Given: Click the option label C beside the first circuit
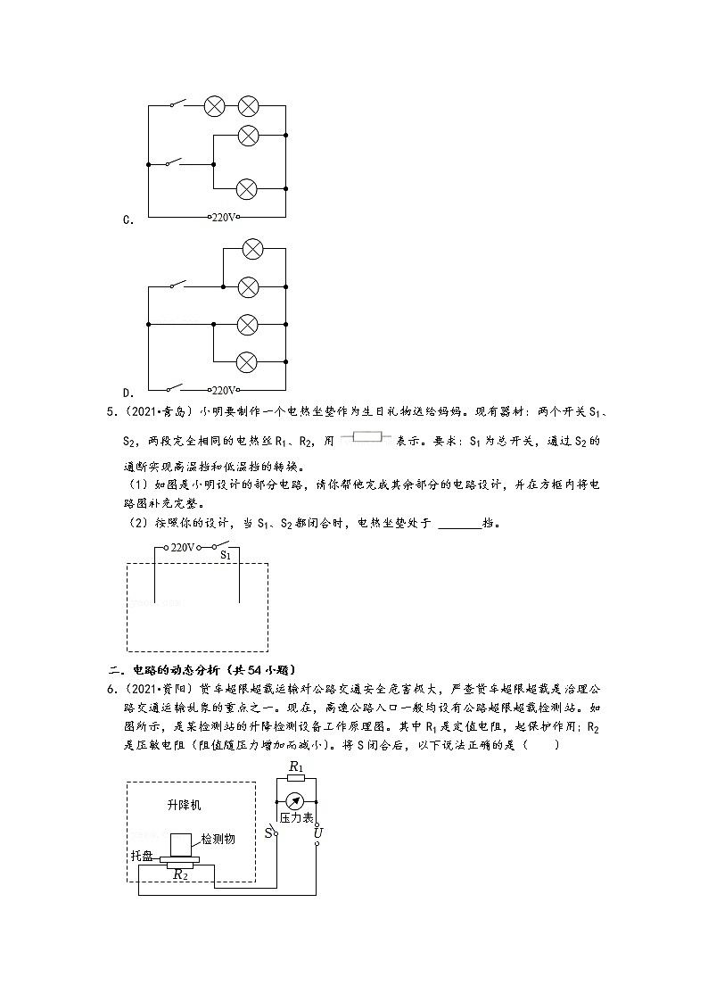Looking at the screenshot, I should pos(128,219).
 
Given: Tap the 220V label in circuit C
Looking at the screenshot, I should pos(224,217).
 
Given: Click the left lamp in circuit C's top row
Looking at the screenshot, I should pos(215,106).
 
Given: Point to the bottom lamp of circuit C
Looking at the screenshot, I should pos(247,189).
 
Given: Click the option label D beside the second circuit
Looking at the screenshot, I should pos(128,393).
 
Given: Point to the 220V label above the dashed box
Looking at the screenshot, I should pos(182,548).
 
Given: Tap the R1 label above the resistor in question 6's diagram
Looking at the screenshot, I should pos(296,766).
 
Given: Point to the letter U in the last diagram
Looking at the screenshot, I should pos(318,834).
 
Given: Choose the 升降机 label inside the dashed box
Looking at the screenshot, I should pos(185,805).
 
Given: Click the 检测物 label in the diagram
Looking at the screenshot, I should pos(218,839).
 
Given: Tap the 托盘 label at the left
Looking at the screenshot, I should pos(142,856).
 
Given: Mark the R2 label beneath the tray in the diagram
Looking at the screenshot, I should pos(180,874).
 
